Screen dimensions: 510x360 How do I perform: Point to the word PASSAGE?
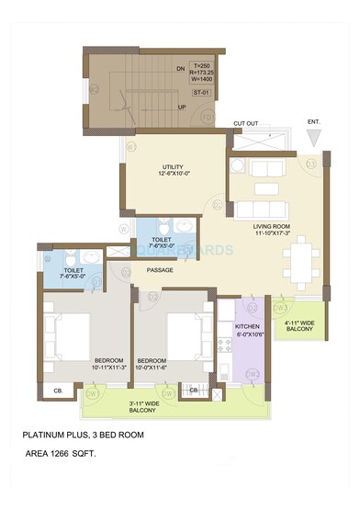(x=161, y=270)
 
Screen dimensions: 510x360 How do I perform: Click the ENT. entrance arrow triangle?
(x=315, y=137)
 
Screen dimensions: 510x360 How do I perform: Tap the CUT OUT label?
(x=246, y=122)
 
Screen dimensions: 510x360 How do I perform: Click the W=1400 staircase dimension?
(x=202, y=82)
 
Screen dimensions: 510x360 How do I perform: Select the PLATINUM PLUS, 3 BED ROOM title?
(x=97, y=435)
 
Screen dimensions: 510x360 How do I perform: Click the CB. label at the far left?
(x=58, y=391)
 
